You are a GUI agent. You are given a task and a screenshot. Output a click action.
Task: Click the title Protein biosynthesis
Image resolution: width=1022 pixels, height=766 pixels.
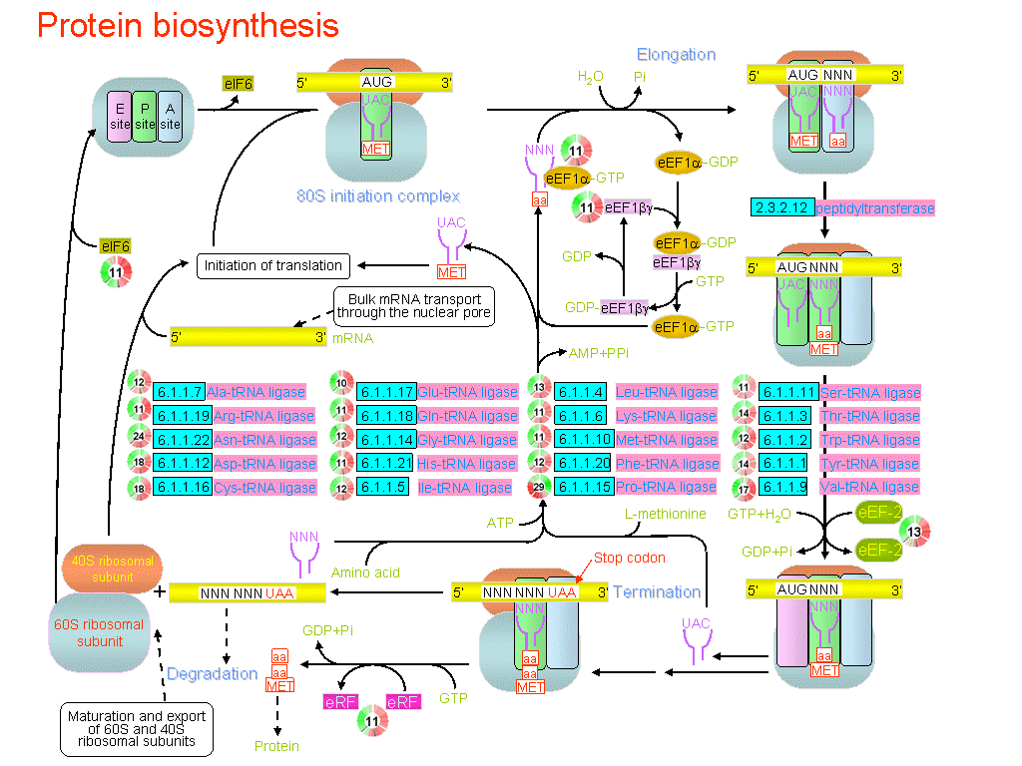tap(188, 26)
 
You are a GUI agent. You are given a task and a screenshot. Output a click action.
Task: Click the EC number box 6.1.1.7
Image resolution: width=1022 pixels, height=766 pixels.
tap(179, 392)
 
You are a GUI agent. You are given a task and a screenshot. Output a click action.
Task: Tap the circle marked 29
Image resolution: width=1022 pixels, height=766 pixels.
tap(540, 487)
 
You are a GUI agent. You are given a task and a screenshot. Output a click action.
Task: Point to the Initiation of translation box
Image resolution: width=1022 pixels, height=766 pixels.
tap(272, 265)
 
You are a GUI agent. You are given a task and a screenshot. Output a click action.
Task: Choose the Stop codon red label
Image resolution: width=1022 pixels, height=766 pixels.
tap(629, 558)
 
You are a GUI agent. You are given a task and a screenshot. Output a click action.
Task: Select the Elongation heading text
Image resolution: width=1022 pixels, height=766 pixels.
tap(677, 55)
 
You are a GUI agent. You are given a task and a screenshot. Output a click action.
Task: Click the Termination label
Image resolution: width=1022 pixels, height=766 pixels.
tap(657, 591)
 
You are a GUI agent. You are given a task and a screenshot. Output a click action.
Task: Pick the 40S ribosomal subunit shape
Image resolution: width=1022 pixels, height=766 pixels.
tap(111, 569)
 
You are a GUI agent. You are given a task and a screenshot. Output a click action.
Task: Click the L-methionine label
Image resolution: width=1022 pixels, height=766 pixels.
tap(665, 515)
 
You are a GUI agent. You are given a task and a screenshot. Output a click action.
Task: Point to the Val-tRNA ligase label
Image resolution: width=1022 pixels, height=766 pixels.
tap(869, 488)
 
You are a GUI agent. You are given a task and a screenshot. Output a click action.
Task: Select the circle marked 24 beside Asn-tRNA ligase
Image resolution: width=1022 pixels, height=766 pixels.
tap(140, 439)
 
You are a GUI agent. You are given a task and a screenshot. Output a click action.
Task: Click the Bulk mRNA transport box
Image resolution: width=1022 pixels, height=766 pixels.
tap(414, 306)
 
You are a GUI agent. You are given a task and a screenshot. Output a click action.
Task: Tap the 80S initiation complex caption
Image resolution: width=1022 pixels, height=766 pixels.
tap(378, 195)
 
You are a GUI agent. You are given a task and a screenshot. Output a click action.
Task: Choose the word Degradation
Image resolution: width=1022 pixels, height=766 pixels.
tap(212, 674)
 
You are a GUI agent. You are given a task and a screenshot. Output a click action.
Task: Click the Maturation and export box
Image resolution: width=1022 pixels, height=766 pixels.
tap(136, 729)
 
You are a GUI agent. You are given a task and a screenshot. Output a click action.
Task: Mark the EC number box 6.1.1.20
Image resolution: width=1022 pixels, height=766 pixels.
tap(583, 464)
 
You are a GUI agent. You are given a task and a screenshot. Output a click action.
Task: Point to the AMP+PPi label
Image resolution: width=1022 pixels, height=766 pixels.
tap(598, 353)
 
